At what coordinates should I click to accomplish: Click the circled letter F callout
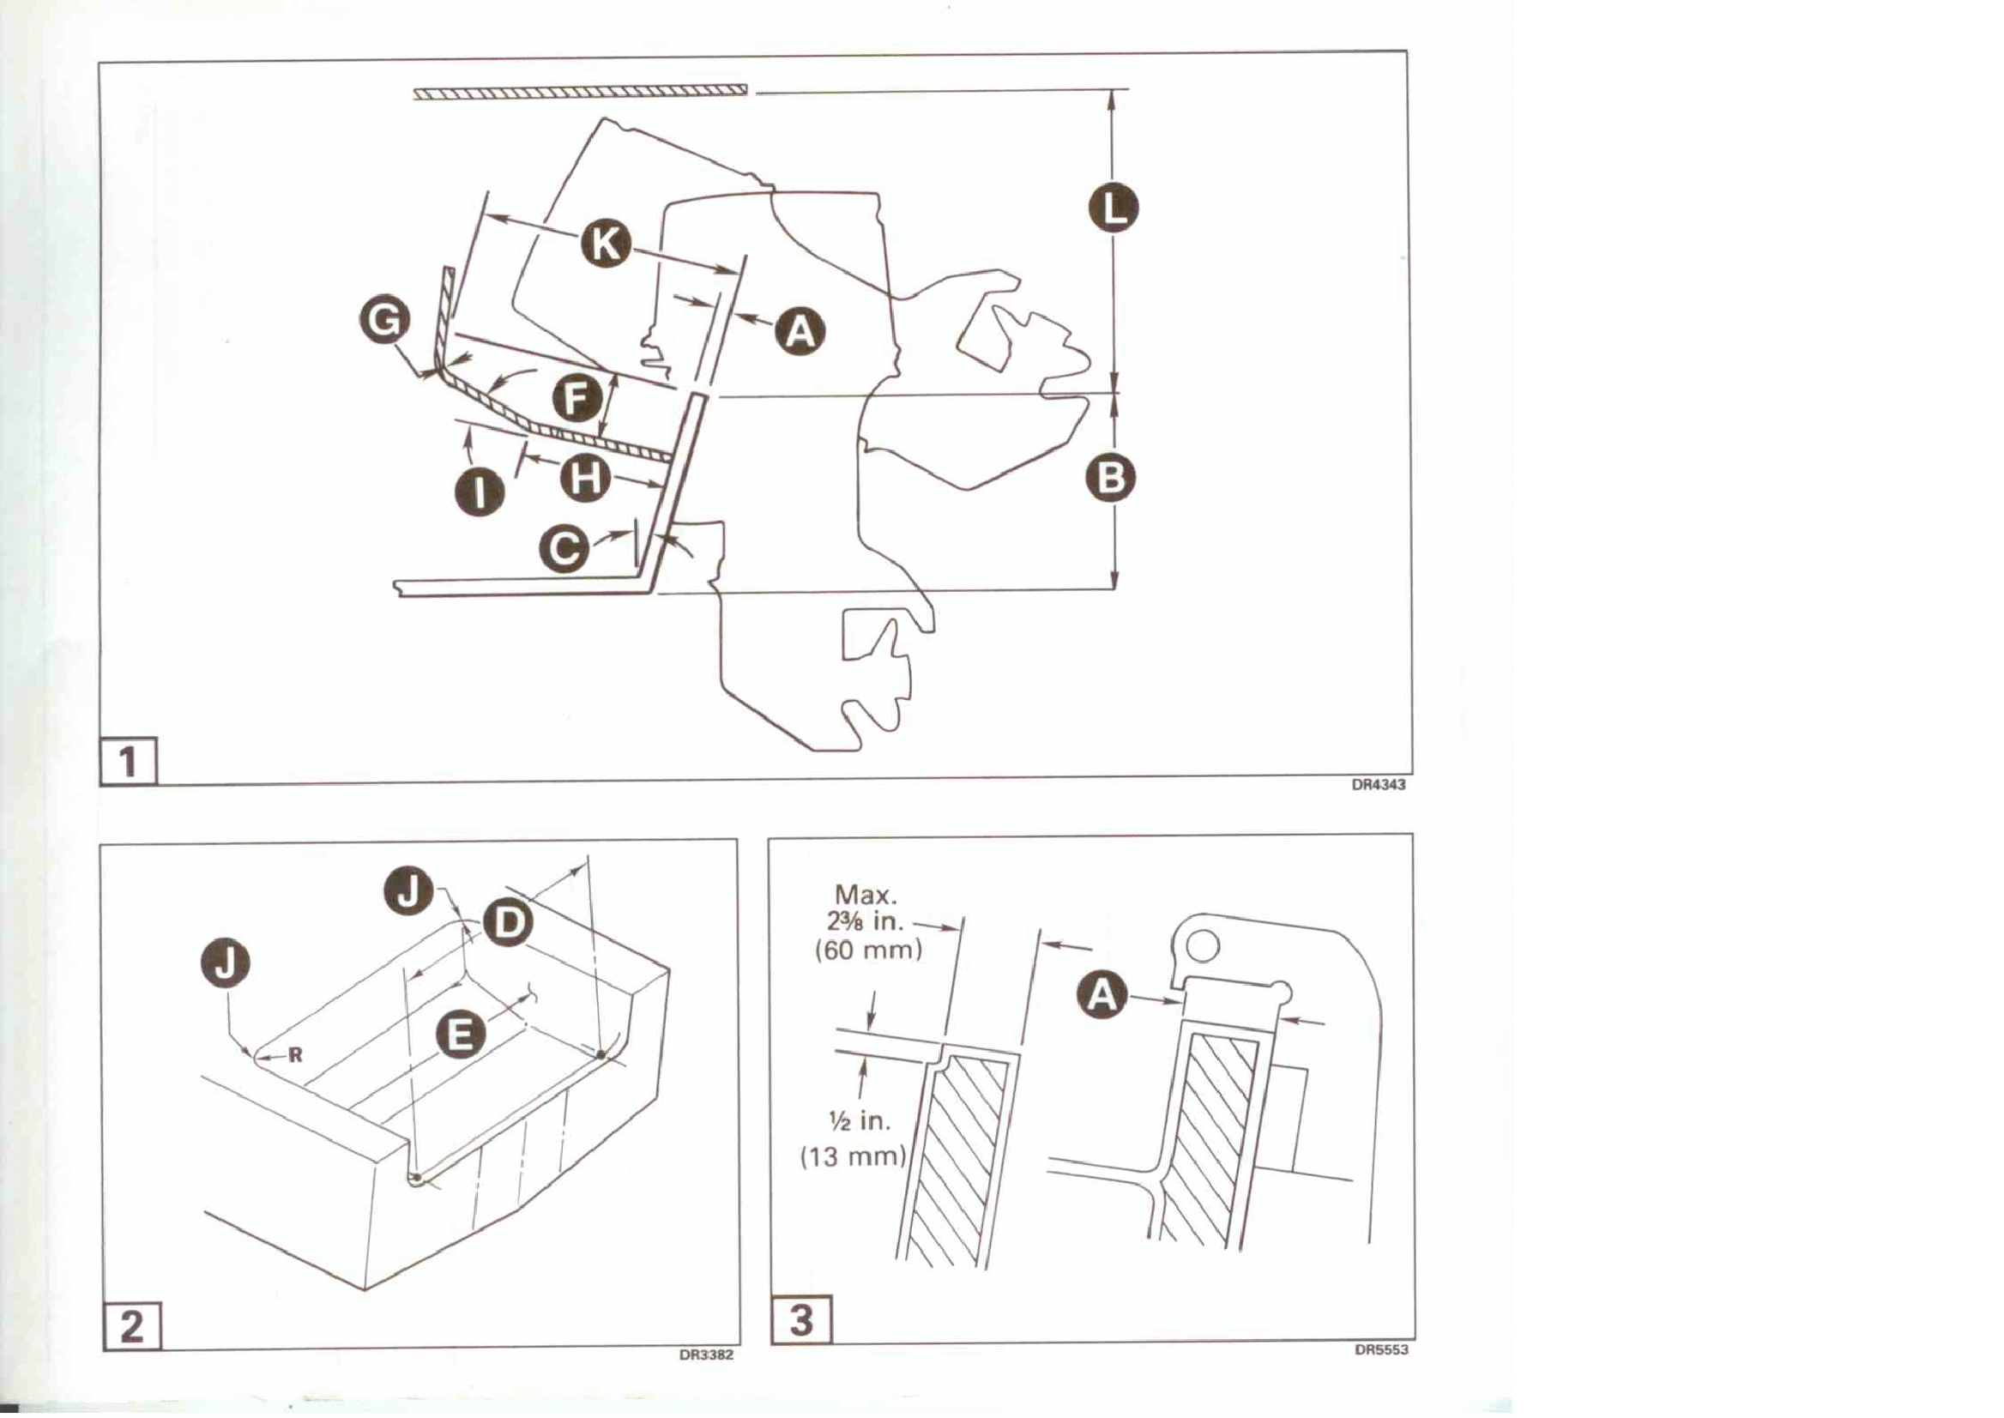(x=577, y=399)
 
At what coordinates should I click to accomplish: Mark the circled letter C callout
(x=564, y=548)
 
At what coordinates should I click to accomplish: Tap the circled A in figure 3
(x=1102, y=995)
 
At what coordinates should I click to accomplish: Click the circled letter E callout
(x=460, y=1035)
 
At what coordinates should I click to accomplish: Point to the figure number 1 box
(x=129, y=763)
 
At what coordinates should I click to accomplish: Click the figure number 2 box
(x=132, y=1326)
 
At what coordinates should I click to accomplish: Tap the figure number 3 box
(x=801, y=1320)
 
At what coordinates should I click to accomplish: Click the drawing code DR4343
(x=1379, y=785)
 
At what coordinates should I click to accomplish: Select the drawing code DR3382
(x=706, y=1356)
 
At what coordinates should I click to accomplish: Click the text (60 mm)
(x=868, y=950)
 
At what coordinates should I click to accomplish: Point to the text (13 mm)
(x=854, y=1157)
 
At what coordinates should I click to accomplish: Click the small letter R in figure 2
(x=295, y=1055)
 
